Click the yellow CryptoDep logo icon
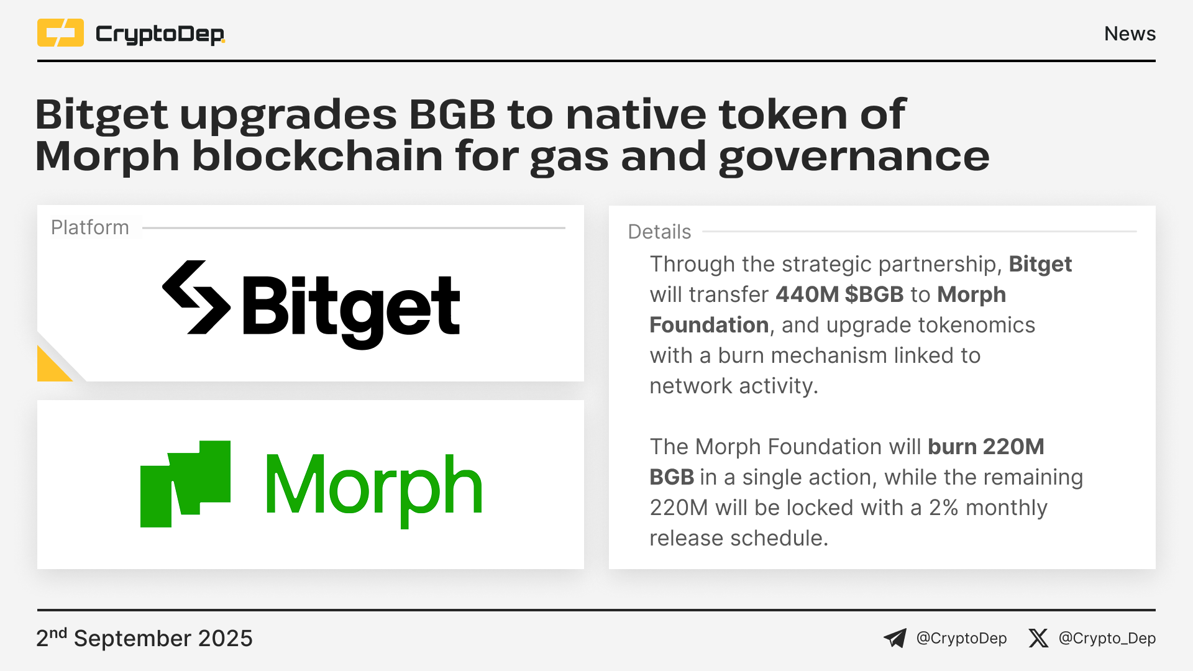[x=60, y=33]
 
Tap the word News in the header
[x=1130, y=34]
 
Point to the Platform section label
[x=90, y=227]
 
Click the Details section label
[x=659, y=232]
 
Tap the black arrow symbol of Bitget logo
[x=196, y=298]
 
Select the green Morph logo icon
[x=185, y=484]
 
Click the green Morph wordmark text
[x=374, y=489]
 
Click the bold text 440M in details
[x=807, y=294]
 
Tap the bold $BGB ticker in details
[x=874, y=294]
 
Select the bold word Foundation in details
[x=709, y=325]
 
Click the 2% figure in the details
[x=944, y=508]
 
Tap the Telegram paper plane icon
[x=895, y=638]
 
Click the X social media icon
[x=1038, y=638]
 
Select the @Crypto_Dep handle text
[x=1107, y=639]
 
